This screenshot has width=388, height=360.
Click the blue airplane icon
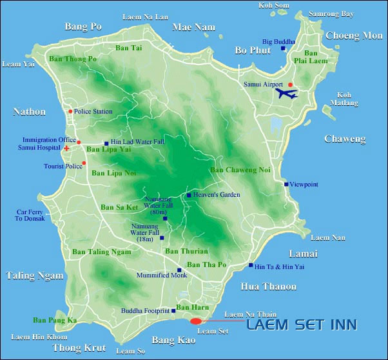pyautogui.click(x=287, y=94)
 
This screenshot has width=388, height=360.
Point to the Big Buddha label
pyautogui.click(x=278, y=41)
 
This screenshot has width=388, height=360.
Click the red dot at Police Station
pyautogui.click(x=70, y=111)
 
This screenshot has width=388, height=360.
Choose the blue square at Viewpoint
pyautogui.click(x=286, y=185)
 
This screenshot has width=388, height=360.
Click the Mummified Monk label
pyautogui.click(x=162, y=275)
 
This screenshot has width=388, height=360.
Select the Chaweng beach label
pyautogui.click(x=344, y=139)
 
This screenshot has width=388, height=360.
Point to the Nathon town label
pyautogui.click(x=29, y=112)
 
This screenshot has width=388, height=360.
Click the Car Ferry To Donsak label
pyautogui.click(x=30, y=215)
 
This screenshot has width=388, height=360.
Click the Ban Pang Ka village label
pyautogui.click(x=55, y=320)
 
